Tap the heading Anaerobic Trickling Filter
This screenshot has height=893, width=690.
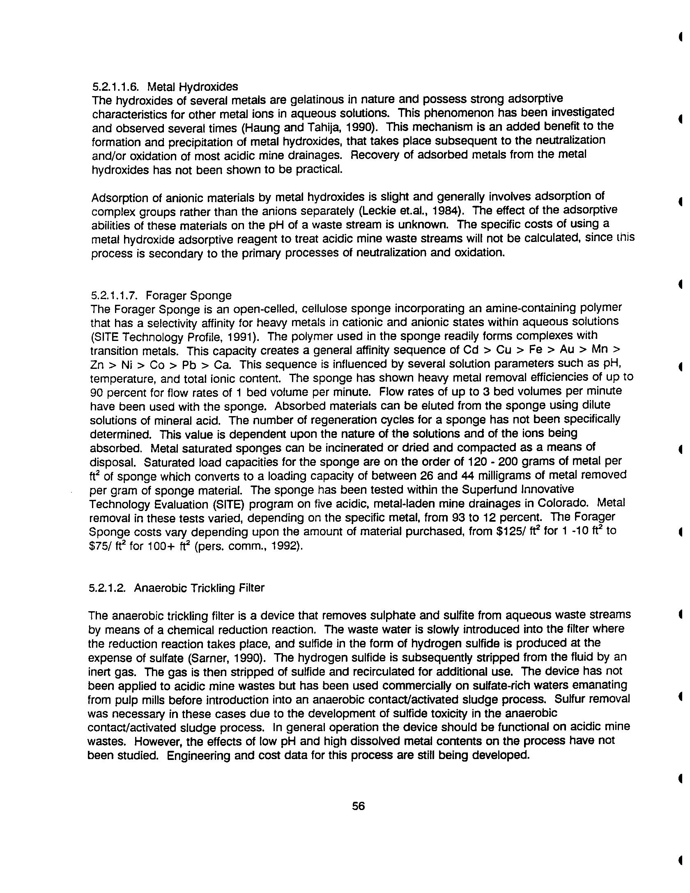pyautogui.click(x=199, y=588)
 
